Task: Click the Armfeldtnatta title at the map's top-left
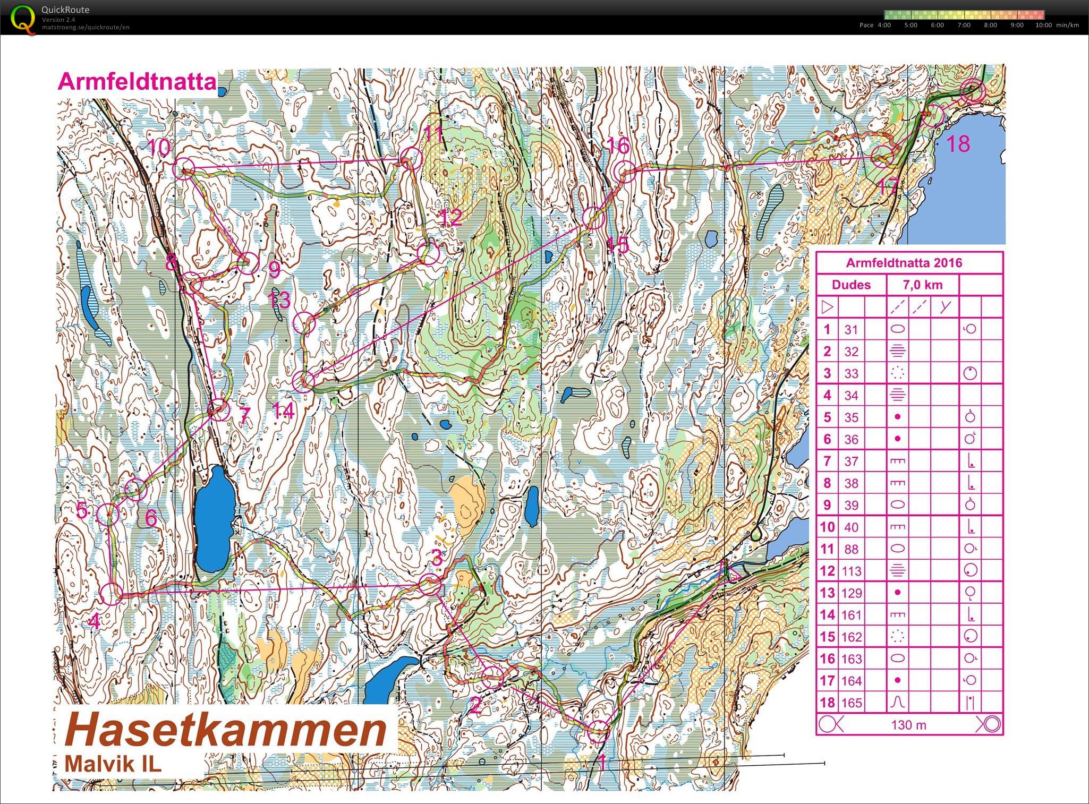tap(137, 82)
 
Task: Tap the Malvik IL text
tap(113, 764)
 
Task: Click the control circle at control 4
tap(111, 594)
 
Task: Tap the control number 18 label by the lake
tap(958, 144)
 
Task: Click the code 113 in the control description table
tap(851, 571)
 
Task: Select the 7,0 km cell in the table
tap(923, 285)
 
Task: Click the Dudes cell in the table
tap(851, 285)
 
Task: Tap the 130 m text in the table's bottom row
tap(908, 724)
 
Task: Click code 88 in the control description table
tap(851, 549)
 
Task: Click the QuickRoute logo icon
tap(22, 19)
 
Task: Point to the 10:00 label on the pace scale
tap(1043, 25)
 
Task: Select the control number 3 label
tap(437, 559)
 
